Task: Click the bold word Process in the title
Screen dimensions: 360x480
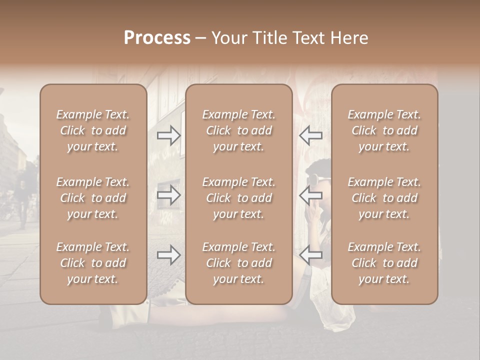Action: [x=157, y=38]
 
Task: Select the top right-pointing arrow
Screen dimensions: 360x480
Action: [x=169, y=135]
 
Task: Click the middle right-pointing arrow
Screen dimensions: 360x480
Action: [x=169, y=195]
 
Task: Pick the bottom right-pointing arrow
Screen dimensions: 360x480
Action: [x=169, y=255]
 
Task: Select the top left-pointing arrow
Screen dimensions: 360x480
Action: [x=310, y=135]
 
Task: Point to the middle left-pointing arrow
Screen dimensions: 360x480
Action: [x=310, y=195]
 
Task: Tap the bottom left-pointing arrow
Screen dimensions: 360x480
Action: [x=310, y=255]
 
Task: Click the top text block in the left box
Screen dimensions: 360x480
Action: [x=93, y=130]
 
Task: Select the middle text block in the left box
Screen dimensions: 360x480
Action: [x=93, y=198]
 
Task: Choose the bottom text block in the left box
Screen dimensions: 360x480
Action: [x=93, y=263]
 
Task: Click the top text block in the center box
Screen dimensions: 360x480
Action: [x=239, y=130]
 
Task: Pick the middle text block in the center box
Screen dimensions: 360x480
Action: [x=239, y=198]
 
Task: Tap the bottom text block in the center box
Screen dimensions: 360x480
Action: [x=239, y=263]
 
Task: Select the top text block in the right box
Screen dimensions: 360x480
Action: [x=384, y=130]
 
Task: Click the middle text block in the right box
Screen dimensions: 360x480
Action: [x=384, y=198]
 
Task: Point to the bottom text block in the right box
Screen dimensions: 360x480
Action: [x=384, y=263]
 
